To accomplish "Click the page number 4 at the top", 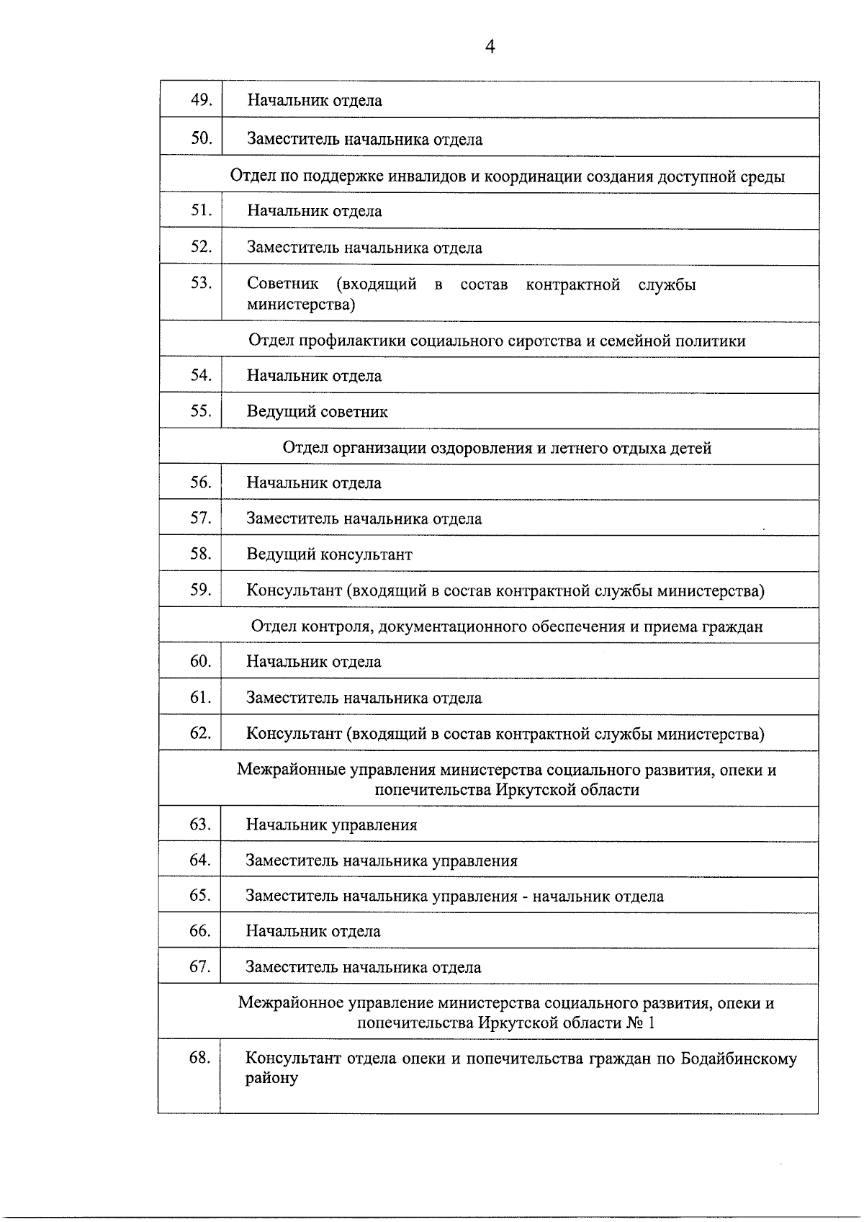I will pos(490,48).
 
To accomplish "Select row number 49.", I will pos(201,100).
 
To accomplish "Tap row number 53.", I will pos(201,283).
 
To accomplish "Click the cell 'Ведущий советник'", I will pos(317,412).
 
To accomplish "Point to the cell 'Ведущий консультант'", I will pos(329,554).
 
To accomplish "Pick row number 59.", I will pos(200,590).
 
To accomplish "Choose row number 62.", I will pos(200,733).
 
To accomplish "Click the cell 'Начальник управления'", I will pos(331,825).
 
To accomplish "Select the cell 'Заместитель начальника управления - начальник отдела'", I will pos(454,897).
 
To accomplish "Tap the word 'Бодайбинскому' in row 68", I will pos(739,1059).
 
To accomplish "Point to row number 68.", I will pos(199,1058).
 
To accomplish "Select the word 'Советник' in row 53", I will pos(283,284).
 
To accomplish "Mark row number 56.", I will pos(200,482).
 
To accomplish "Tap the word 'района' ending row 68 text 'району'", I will pos(271,1079).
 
